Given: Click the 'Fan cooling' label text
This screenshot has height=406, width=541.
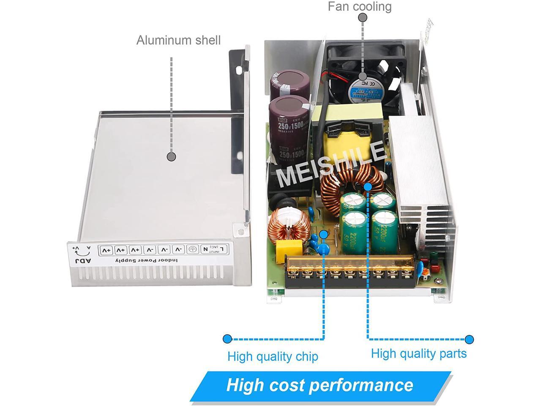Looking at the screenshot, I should (360, 6).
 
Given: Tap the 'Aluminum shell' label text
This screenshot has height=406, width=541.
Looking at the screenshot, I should (178, 40).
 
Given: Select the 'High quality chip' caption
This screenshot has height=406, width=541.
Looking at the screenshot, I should (273, 357).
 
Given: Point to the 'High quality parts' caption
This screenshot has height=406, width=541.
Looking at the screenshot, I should (418, 354).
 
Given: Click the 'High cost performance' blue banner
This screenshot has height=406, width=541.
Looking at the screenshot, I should (320, 385).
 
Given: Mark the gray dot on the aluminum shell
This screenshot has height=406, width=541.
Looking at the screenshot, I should (171, 156).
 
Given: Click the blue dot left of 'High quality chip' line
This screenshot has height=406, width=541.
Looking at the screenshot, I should (227, 339).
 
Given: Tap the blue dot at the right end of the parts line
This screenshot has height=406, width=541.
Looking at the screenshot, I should (469, 339).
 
